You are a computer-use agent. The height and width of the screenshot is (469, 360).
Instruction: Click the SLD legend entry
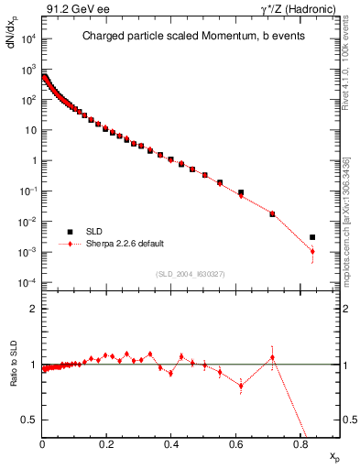point(95,231)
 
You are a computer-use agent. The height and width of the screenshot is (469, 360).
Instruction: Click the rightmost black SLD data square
point(312,237)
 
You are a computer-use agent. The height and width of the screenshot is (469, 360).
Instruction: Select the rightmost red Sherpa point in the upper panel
point(312,251)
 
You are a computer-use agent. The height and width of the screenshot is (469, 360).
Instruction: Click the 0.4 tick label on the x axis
point(171,442)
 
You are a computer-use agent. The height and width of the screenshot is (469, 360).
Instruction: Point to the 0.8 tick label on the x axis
point(300,442)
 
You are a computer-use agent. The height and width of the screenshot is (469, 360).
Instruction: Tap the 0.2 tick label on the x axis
point(107,442)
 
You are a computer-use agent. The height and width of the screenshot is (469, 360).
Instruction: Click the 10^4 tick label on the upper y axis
point(27,39)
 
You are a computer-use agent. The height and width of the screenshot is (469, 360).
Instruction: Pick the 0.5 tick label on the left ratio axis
point(28,420)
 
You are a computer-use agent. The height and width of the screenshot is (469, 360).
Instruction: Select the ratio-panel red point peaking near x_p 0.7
point(272,357)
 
